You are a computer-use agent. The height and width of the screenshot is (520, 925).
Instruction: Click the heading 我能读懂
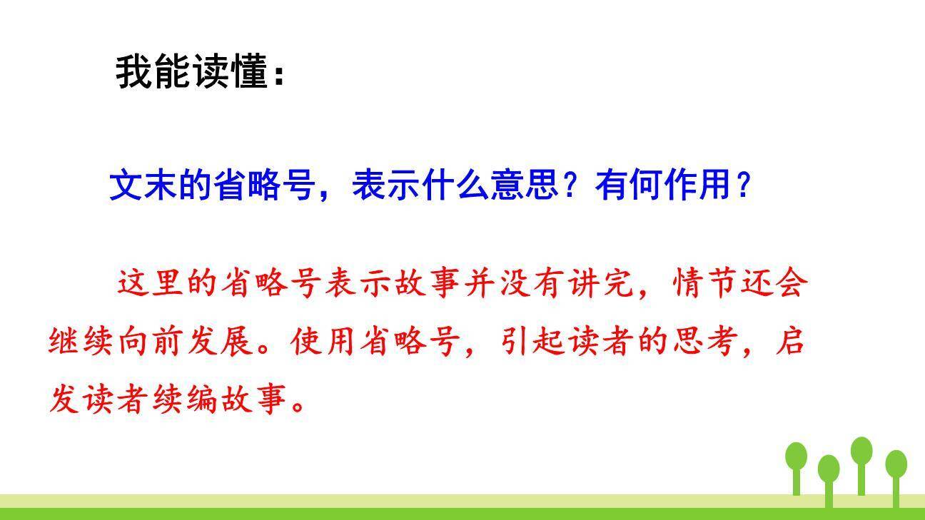[191, 72]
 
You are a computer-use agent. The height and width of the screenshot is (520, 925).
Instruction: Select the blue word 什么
[456, 185]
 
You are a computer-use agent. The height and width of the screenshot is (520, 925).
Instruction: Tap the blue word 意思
[525, 185]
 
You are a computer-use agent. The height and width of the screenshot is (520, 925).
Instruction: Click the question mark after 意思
[570, 185]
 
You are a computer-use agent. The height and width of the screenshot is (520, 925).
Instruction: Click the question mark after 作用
[743, 185]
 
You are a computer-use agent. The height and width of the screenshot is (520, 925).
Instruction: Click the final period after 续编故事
[300, 404]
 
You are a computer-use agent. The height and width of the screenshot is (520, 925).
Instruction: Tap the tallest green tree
[861, 457]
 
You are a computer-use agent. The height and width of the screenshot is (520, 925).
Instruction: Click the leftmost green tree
[797, 460]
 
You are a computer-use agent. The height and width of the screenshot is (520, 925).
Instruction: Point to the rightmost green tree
[896, 467]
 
